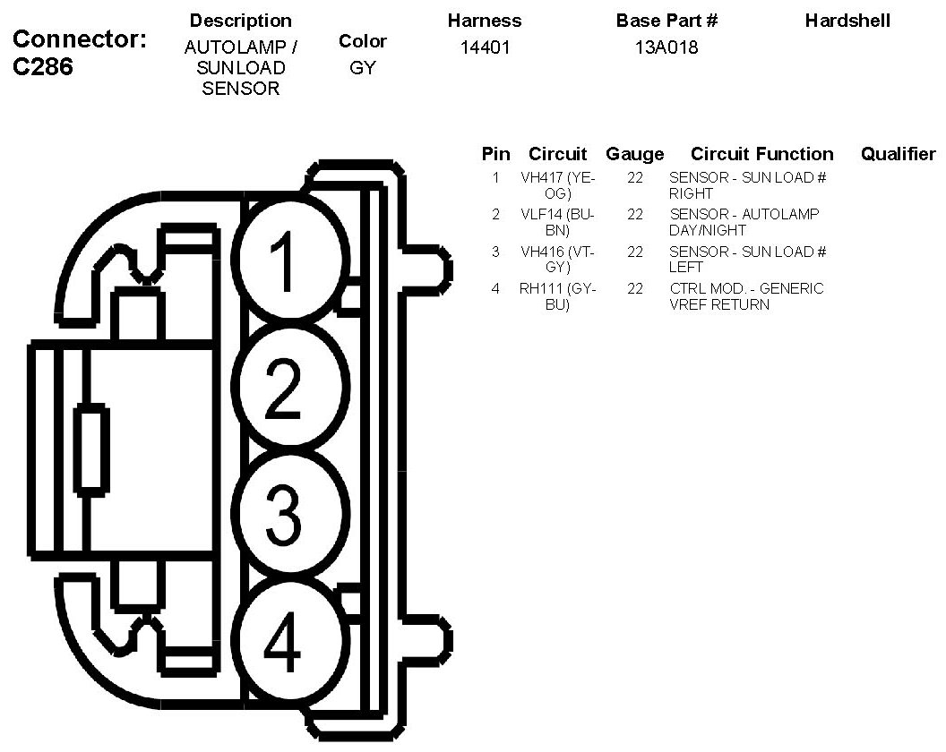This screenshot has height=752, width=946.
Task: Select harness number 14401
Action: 485,48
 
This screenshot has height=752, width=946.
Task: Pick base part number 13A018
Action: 666,48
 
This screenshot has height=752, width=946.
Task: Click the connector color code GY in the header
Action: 363,68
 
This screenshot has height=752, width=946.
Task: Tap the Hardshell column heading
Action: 847,21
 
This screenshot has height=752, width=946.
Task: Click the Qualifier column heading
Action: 898,154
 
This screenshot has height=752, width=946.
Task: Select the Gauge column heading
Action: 635,154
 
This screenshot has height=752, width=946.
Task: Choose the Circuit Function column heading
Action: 761,154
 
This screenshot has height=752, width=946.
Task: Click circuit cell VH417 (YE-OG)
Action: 558,185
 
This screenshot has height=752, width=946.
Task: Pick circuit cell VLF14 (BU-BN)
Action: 558,222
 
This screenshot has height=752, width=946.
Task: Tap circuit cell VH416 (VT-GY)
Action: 558,260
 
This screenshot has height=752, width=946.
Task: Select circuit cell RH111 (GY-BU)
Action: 558,296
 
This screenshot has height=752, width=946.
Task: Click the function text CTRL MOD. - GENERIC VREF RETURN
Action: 746,296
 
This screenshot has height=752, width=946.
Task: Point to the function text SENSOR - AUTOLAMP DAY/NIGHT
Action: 744,222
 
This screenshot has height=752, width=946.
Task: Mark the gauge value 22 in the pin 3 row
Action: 635,252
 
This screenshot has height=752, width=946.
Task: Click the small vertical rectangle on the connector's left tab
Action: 91,449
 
